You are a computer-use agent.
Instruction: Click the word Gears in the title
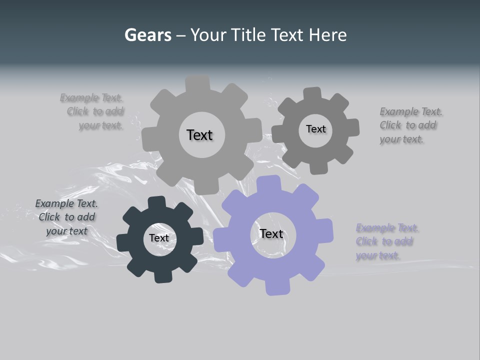pos(147,35)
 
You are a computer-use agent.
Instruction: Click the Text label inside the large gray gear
pos(199,135)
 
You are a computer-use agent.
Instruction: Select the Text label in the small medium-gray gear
pos(315,129)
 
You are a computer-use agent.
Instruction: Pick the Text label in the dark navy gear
pos(159,238)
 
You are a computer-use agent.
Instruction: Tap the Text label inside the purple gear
pos(271,233)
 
